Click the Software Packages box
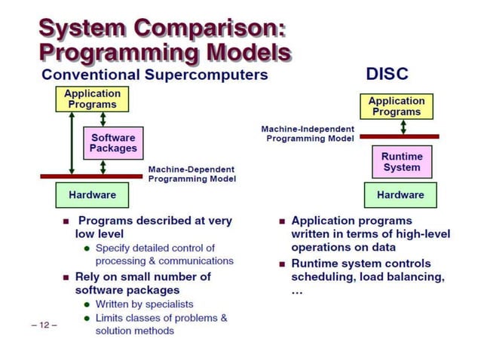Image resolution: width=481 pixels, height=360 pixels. [113, 143]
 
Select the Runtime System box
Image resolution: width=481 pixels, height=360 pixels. [402, 161]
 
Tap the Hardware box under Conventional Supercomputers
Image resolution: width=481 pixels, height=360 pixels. [92, 195]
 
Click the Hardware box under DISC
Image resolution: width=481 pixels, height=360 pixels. [400, 195]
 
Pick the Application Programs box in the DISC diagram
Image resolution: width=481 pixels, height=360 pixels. [397, 106]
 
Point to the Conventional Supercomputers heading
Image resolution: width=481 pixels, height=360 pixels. [155, 75]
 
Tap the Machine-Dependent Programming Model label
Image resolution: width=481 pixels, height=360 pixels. [191, 174]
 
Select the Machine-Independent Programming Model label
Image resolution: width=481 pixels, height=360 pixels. [308, 134]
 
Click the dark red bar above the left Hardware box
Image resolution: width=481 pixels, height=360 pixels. [91, 176]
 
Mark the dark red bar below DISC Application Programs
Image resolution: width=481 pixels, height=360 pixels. [399, 136]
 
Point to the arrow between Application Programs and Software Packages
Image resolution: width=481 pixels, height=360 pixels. [103, 119]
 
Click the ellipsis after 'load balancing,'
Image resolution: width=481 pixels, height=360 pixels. [296, 291]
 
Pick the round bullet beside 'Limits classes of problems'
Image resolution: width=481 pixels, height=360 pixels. [87, 318]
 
